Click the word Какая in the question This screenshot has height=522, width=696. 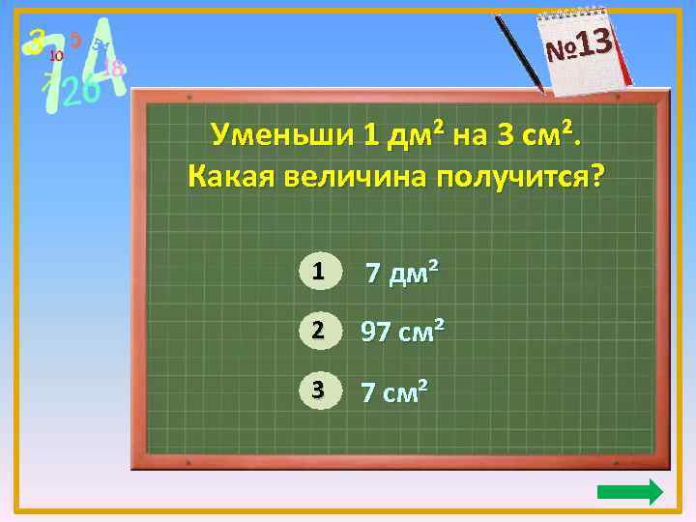pos(230,177)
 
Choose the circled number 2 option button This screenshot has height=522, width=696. pos(317,332)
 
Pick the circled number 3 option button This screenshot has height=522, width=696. pos(317,391)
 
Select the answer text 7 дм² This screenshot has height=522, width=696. pos(401,275)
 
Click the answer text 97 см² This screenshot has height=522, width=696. pos(402,333)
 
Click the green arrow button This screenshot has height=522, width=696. pos(630,492)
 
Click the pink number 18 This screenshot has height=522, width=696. pos(113,68)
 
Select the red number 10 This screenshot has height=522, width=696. pos(56,56)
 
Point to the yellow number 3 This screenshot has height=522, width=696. pos(37,40)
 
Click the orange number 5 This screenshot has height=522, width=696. pos(74,40)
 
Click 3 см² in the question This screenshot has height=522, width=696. pos(535,134)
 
